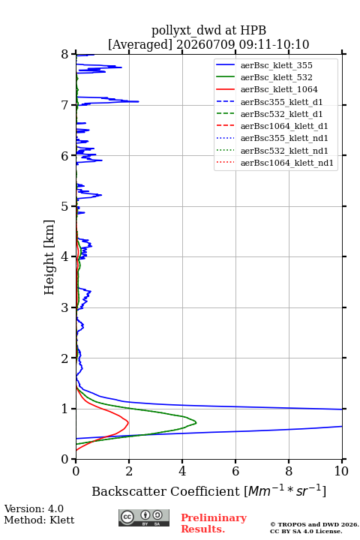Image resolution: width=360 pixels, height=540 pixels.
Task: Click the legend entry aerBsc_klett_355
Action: [x=276, y=65]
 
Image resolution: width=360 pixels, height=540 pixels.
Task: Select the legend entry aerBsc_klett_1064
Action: [x=279, y=89]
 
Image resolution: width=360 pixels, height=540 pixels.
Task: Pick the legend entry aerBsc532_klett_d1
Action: [x=281, y=114]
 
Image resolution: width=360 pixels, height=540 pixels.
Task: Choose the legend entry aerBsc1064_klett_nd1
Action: [x=287, y=163]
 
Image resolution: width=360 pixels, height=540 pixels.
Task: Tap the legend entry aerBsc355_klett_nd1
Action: [x=284, y=138]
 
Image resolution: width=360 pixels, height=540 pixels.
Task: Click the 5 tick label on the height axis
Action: [x=65, y=206]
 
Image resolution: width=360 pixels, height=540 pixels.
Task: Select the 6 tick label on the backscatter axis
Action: [x=235, y=471]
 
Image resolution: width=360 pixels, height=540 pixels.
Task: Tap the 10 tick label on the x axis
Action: [x=341, y=471]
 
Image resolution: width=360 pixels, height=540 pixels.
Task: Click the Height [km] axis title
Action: [x=49, y=257]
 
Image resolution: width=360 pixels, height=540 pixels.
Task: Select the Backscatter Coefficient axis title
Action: [x=208, y=490]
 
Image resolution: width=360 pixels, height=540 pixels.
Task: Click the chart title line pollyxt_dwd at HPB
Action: [x=208, y=30]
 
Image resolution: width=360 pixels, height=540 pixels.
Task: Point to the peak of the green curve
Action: [x=196, y=422]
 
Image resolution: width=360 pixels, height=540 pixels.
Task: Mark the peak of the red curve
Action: [x=128, y=422]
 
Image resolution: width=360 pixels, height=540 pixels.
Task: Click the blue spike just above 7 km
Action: [x=139, y=101]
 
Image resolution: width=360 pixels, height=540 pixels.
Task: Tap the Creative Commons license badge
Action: [x=144, y=517]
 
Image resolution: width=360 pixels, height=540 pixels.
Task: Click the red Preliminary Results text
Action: [x=214, y=523]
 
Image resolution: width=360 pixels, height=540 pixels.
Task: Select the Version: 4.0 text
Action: [x=34, y=508]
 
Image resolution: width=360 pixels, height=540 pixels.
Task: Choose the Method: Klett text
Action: [x=39, y=520]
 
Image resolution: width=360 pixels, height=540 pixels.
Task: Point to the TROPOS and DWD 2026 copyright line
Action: [x=314, y=524]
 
